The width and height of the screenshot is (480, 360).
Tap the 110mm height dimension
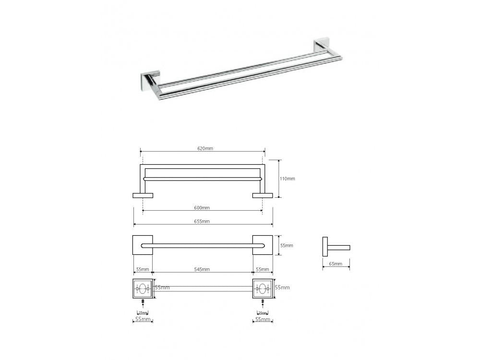(288, 179)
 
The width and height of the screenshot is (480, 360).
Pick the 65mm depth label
(336, 264)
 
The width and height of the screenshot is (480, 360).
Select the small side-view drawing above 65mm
(336, 248)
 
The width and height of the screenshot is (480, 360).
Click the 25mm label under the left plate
(143, 312)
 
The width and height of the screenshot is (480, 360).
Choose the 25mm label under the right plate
(264, 312)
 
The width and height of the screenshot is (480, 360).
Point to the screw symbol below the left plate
(143, 302)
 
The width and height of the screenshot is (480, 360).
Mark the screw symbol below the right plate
(264, 302)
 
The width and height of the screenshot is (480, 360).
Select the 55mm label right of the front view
(286, 245)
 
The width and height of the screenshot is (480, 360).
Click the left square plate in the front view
(143, 245)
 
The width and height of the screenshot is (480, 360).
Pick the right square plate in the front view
(263, 245)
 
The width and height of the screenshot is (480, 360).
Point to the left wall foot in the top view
(143, 195)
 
